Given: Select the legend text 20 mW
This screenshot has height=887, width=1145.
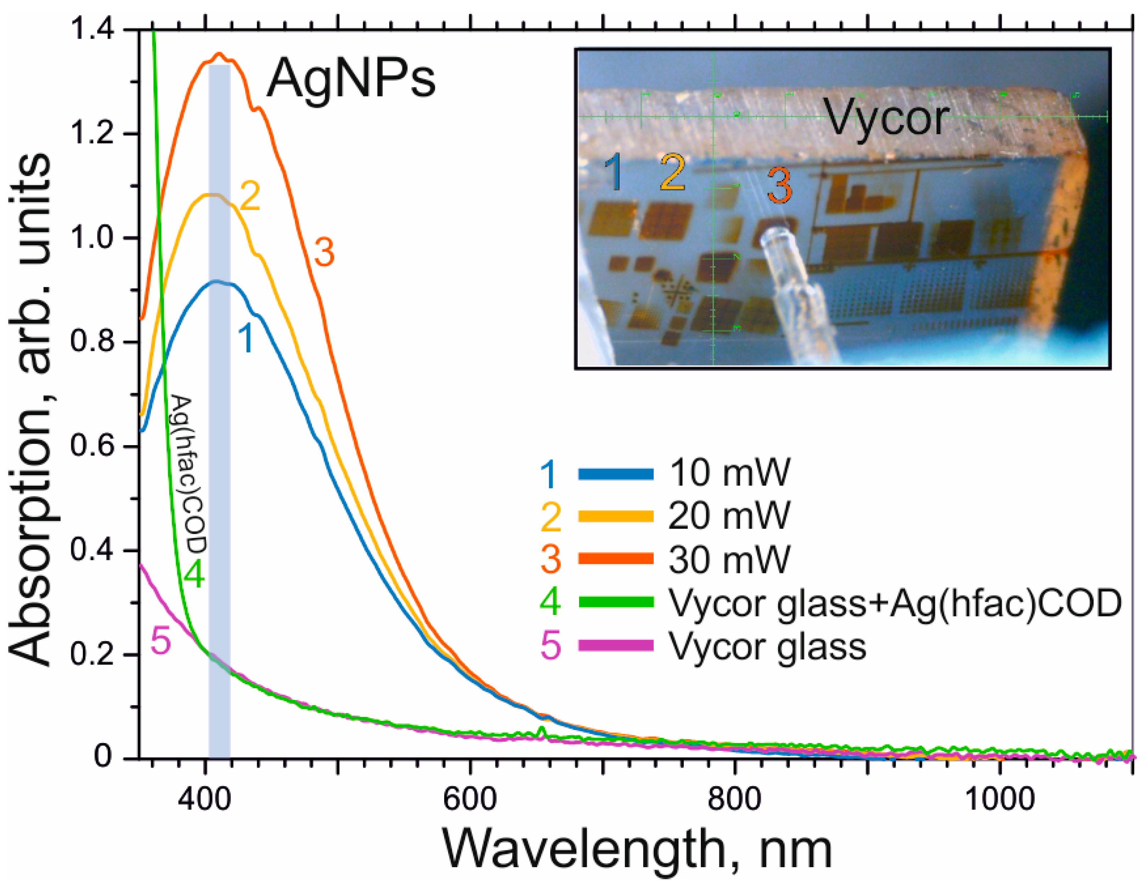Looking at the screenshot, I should point(729,516).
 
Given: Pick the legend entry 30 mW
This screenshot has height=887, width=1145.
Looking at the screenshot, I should point(729,559).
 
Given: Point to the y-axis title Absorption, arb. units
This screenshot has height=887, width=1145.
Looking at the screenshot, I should point(32,409).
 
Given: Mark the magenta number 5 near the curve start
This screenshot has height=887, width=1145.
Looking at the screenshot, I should point(161,641).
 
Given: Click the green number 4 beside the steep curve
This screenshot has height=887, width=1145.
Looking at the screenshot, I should point(194,576).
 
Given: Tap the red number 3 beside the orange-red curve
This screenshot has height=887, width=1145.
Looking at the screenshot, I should point(324,253).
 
